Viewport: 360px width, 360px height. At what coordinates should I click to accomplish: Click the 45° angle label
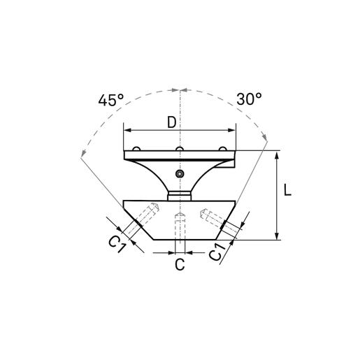click(111, 100)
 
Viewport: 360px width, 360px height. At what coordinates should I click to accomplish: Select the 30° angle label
click(248, 99)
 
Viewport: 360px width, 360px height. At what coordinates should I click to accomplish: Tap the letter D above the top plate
click(172, 122)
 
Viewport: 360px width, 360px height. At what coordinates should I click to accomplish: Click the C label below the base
click(180, 264)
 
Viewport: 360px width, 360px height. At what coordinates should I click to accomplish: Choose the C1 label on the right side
click(219, 252)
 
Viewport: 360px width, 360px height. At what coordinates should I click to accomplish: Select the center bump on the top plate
click(180, 148)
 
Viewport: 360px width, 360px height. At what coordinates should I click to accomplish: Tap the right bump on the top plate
click(223, 148)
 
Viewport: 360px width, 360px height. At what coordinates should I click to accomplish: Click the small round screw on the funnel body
click(180, 173)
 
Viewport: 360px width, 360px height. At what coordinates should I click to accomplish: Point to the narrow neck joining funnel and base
click(180, 194)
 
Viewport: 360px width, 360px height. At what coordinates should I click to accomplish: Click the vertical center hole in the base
click(180, 226)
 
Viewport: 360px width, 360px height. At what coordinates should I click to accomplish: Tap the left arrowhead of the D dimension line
click(127, 130)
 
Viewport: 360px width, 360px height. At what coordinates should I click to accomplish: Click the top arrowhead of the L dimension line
click(278, 154)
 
